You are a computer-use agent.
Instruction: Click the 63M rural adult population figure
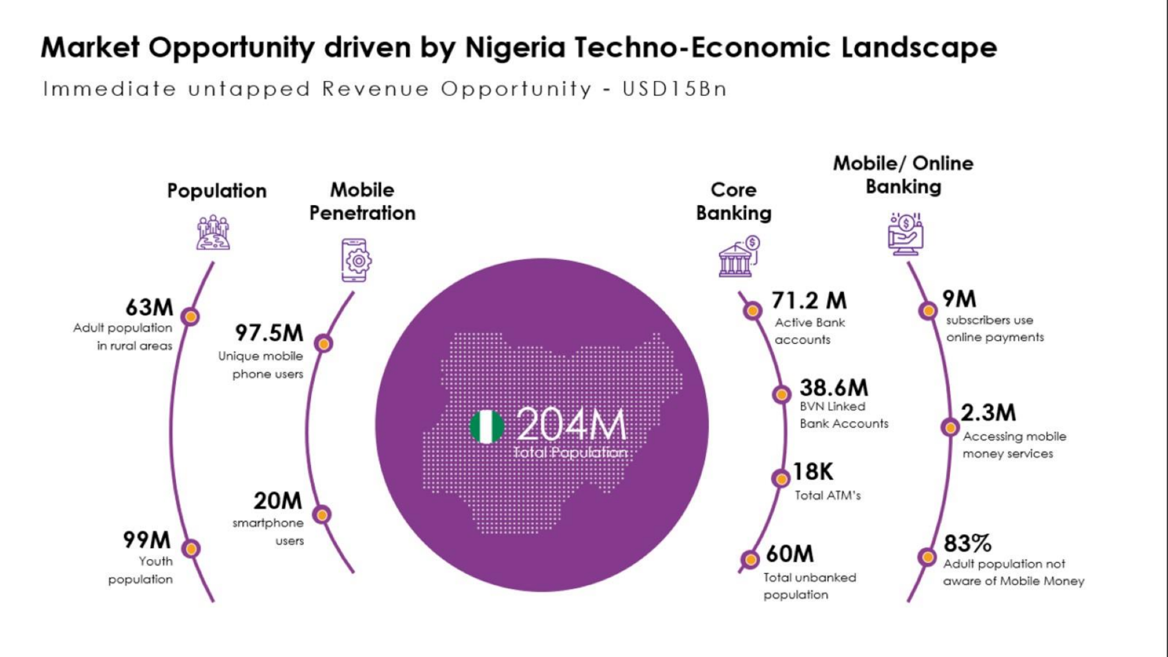click(150, 307)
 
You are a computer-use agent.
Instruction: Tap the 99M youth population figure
click(147, 540)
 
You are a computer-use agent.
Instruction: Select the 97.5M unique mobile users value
click(269, 333)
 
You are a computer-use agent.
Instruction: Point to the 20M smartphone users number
click(277, 501)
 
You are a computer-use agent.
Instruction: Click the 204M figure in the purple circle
click(571, 425)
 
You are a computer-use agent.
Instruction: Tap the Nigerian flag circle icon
click(486, 427)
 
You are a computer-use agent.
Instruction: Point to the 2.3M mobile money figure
click(988, 413)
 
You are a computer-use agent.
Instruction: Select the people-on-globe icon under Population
click(213, 233)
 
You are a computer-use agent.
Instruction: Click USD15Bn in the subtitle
click(675, 89)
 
